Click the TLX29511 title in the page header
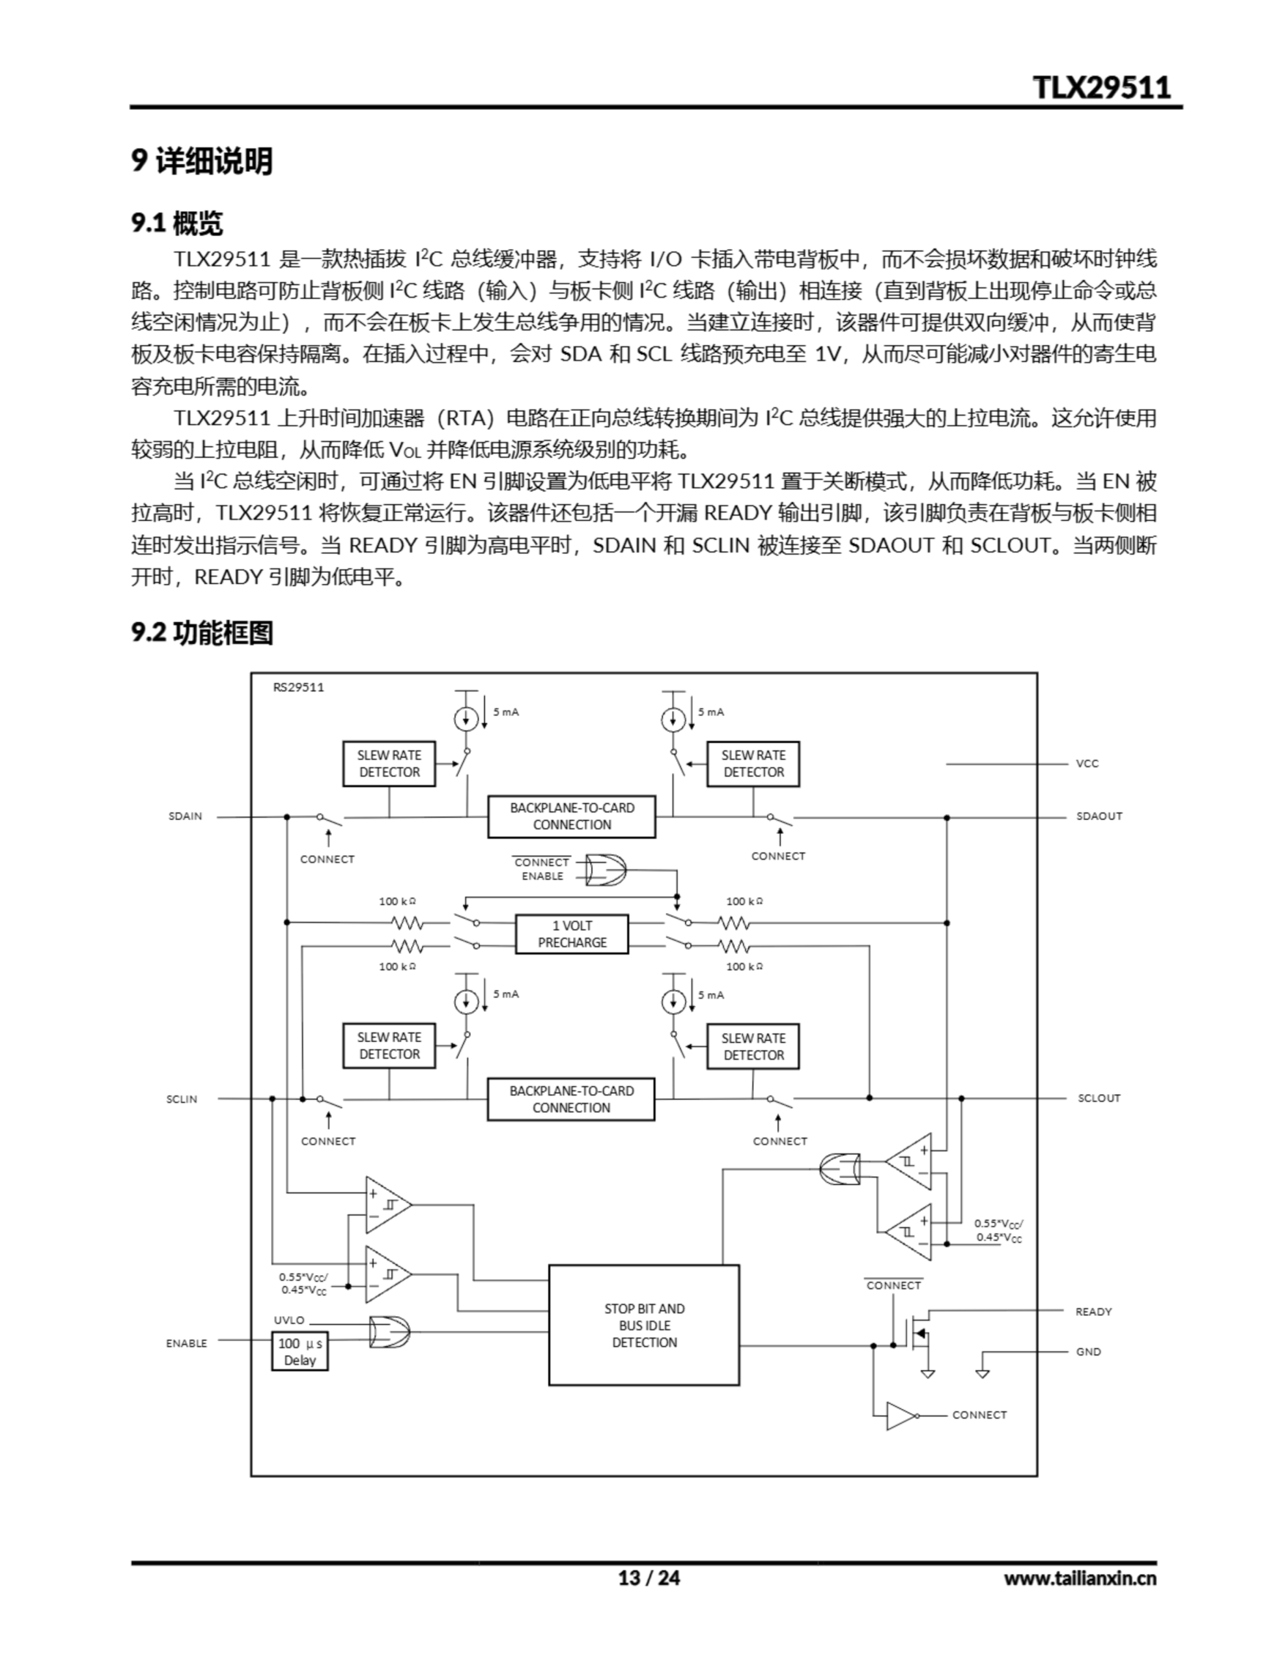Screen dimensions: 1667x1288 [x=1101, y=87]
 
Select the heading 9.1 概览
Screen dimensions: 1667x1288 [x=177, y=223]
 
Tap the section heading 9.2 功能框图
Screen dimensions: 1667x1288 [x=203, y=632]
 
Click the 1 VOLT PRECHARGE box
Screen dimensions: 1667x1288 [x=572, y=934]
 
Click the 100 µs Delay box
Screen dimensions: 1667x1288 [x=300, y=1351]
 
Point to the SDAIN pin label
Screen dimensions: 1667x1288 [x=186, y=816]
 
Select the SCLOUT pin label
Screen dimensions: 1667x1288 [x=1099, y=1098]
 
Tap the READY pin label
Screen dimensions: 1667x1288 [x=1093, y=1311]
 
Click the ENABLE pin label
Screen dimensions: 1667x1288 [x=186, y=1343]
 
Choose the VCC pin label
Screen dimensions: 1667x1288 [x=1087, y=763]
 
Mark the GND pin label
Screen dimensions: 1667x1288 [x=1089, y=1352]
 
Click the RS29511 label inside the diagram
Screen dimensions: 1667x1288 [x=298, y=687]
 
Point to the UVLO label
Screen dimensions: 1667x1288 [x=289, y=1320]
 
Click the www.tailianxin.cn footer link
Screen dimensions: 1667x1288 [x=1080, y=1578]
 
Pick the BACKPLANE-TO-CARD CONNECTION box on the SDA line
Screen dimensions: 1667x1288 [x=572, y=816]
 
